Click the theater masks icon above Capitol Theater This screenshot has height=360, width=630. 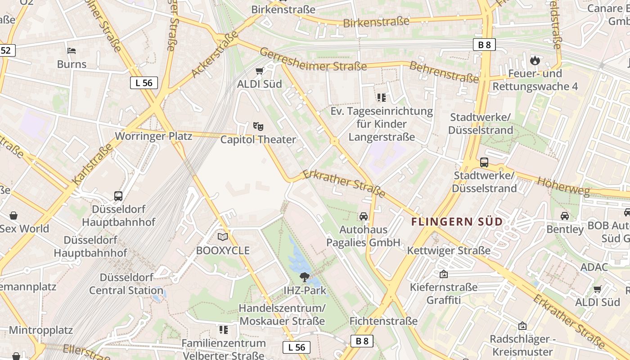[258, 126]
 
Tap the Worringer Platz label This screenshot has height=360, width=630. [153, 136]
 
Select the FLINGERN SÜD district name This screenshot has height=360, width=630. [457, 221]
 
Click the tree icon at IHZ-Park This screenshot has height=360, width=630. [305, 276]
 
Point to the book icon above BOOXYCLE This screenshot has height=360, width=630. [223, 237]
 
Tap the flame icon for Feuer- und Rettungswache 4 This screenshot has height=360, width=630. [535, 60]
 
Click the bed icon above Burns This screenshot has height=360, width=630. [72, 50]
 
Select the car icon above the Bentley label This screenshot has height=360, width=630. [565, 216]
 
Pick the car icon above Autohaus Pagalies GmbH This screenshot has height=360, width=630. [364, 216]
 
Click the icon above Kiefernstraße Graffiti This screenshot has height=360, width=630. [444, 274]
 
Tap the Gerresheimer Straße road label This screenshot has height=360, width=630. [313, 59]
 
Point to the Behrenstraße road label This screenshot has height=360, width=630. [444, 72]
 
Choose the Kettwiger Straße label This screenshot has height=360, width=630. [449, 251]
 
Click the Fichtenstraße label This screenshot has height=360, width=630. [383, 321]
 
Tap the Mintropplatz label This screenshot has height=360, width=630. [40, 330]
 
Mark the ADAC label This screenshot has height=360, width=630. [594, 267]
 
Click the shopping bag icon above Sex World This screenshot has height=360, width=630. [13, 216]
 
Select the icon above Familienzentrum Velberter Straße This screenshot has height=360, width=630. [224, 330]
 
